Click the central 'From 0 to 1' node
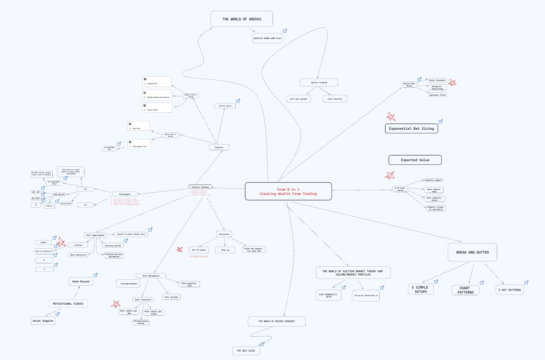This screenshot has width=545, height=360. pos(288,191)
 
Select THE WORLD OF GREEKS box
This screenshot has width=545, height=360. pos(242,19)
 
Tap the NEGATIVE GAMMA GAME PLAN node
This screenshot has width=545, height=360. pos(267,38)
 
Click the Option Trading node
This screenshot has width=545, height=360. pos(318,83)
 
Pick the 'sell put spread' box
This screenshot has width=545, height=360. pos(299,99)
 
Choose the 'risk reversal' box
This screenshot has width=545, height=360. pos(335,99)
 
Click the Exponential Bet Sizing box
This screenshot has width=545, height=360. pos(411,128)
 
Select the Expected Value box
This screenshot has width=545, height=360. pos(415,160)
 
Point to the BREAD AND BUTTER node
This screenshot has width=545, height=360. pos(472,252)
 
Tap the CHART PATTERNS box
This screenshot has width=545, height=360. pos(465,290)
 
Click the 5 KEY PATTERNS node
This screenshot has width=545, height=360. pos(509,290)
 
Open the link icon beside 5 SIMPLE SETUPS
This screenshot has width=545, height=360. pos(436,281)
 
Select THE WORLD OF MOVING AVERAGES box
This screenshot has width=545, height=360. pos(277,321)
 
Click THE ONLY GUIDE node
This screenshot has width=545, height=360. pos(246,351)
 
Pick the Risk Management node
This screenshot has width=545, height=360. pos(151,276)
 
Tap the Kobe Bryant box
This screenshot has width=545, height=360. pos(81,281)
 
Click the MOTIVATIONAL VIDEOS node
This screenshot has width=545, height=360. pos(68,304)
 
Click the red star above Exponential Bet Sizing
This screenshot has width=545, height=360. pos(391,117)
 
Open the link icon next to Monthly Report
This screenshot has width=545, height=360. pos(238,101)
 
